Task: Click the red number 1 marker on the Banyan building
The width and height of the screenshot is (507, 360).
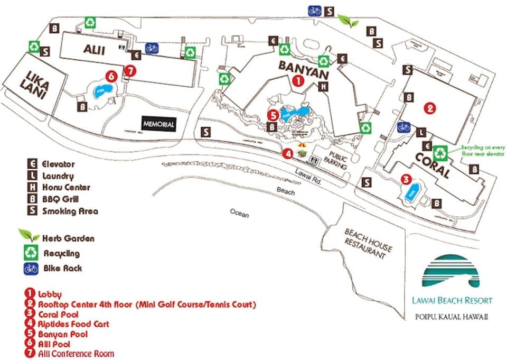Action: pyautogui.click(x=297, y=81)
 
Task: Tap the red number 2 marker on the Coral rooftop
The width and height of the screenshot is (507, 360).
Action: pyautogui.click(x=430, y=108)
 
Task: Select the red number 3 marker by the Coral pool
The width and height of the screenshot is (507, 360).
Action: pyautogui.click(x=406, y=180)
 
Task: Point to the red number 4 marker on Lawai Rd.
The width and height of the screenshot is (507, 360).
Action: pyautogui.click(x=287, y=154)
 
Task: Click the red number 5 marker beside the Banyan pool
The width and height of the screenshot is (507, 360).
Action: pyautogui.click(x=273, y=114)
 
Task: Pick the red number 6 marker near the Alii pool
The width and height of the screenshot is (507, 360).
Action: pyautogui.click(x=110, y=76)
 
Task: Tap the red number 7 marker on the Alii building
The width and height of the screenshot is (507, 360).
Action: pyautogui.click(x=131, y=70)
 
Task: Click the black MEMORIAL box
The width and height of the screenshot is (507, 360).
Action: pyautogui.click(x=158, y=124)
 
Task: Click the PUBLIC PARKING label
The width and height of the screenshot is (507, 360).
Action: pyautogui.click(x=337, y=161)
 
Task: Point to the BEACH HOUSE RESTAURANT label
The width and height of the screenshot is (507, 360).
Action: pyautogui.click(x=369, y=243)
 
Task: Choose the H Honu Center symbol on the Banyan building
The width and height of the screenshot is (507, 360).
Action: pyautogui.click(x=324, y=87)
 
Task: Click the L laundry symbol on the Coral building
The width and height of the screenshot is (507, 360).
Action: pyautogui.click(x=421, y=132)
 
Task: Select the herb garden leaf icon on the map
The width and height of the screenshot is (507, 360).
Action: pyautogui.click(x=348, y=21)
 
